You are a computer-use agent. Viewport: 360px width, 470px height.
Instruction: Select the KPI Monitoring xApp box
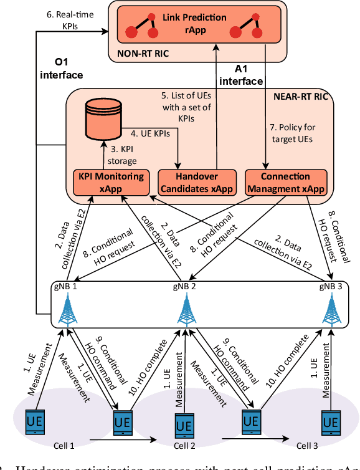111,181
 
